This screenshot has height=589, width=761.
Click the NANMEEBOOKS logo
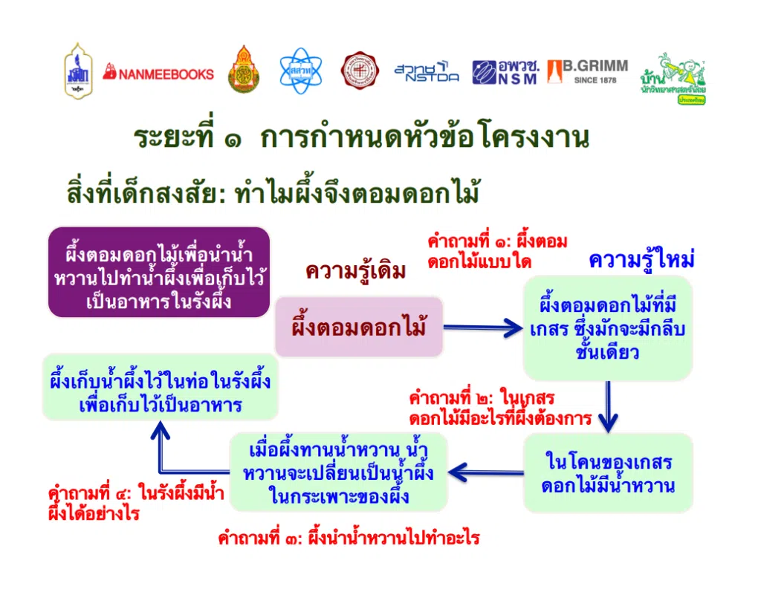click(158, 73)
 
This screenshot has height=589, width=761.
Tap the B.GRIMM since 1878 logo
click(587, 72)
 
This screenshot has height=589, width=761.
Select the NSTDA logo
click(426, 72)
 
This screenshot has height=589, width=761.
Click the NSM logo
click(505, 72)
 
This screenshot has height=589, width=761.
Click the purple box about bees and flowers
click(158, 272)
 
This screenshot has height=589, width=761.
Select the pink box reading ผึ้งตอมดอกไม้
click(359, 326)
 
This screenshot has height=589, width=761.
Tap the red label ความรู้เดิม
click(356, 272)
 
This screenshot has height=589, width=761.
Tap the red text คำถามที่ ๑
click(497, 251)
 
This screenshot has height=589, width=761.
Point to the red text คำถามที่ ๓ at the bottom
click(348, 538)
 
